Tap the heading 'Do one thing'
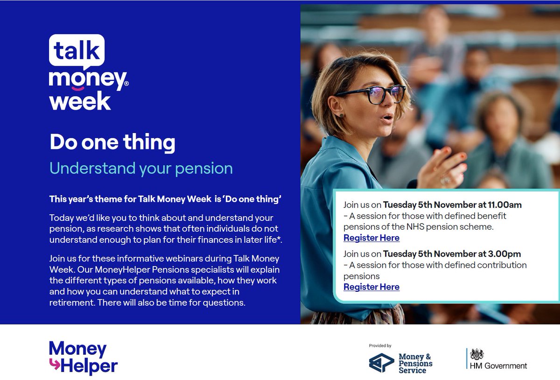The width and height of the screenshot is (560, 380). pos(112,142)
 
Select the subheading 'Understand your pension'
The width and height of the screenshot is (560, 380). pos(141,168)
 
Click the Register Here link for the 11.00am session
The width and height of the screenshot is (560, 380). pos(371,238)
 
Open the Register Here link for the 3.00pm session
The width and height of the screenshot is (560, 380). pos(371,287)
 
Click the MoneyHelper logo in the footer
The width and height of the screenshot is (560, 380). pos(83,358)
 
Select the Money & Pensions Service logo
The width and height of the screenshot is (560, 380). pos(400,363)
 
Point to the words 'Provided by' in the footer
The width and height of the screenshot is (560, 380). pos(380,346)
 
